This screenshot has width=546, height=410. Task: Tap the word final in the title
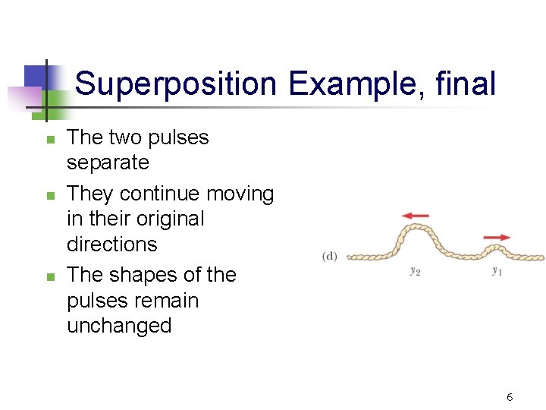[466, 84]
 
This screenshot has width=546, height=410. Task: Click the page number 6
[510, 397]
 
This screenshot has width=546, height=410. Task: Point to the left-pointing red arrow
[416, 216]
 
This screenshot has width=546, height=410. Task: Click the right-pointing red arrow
[497, 238]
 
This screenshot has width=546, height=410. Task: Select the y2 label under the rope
[415, 271]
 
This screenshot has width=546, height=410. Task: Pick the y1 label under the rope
[497, 271]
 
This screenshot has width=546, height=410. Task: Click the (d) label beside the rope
[330, 257]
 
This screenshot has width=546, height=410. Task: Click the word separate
[108, 163]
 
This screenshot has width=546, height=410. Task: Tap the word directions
[112, 244]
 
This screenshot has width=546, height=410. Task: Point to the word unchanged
[119, 326]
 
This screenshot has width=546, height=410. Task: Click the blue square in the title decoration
[36, 77]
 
